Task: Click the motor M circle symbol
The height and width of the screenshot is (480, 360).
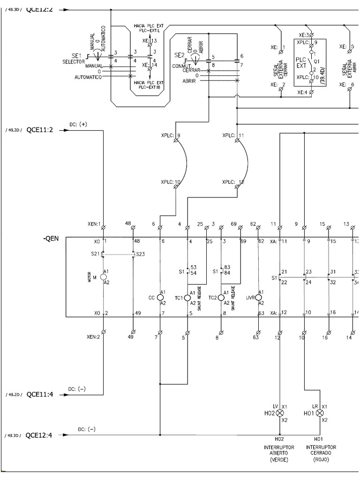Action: click(x=104, y=277)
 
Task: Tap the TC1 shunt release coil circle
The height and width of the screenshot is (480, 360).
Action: click(x=187, y=298)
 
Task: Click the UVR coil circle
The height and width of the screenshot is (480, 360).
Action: click(x=258, y=298)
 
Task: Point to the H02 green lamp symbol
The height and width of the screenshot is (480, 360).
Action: click(x=280, y=413)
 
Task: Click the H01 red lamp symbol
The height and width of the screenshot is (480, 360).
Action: click(x=320, y=413)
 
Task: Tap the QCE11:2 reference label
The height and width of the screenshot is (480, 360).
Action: click(x=40, y=129)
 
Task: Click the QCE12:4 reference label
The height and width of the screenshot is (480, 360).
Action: click(x=40, y=435)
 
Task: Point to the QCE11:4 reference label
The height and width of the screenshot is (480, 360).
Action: click(x=40, y=394)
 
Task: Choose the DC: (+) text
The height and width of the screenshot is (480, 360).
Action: click(x=78, y=124)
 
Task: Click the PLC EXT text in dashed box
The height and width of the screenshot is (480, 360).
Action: click(x=300, y=63)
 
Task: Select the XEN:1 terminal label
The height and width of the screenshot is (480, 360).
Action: click(x=93, y=224)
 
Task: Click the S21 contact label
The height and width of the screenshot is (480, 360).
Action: click(x=96, y=254)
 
